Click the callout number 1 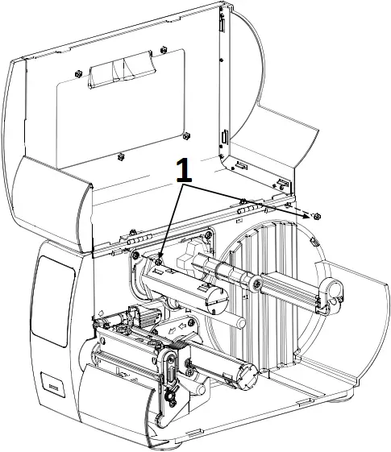(x=185, y=170)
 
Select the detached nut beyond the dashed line (x=316, y=215)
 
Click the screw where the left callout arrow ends (x=160, y=261)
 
